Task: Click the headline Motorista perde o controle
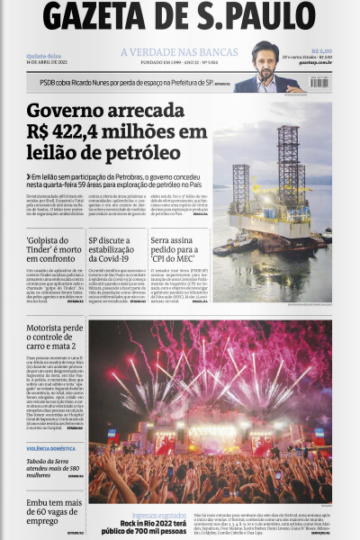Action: (x=54, y=337)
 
